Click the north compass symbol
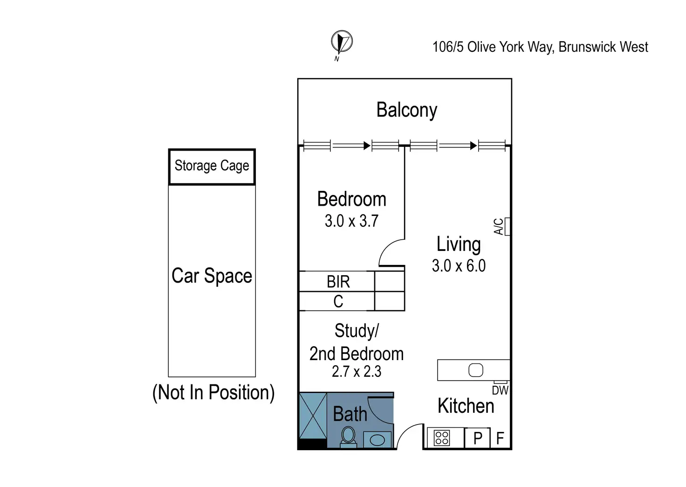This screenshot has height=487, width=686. [x=342, y=42]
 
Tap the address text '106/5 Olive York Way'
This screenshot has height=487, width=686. [x=493, y=47]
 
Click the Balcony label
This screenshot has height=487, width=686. [x=406, y=111]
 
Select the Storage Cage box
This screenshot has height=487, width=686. [x=212, y=167]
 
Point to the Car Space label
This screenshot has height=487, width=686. [x=212, y=276]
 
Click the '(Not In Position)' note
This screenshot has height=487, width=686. [x=213, y=393]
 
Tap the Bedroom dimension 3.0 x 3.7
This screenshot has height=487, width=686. [x=351, y=221]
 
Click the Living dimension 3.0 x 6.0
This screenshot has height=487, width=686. [x=459, y=266]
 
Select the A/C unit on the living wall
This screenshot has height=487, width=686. [x=507, y=226]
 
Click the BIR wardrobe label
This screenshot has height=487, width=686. [x=338, y=282]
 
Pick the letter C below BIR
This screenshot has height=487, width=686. [x=338, y=302]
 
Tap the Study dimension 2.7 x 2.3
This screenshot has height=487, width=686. [x=357, y=372]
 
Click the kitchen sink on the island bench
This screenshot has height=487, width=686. [x=476, y=370]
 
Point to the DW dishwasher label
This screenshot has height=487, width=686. [x=500, y=390]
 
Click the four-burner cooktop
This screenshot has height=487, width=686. [x=442, y=438]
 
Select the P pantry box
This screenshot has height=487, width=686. [x=478, y=438]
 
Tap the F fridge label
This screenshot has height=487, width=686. [x=500, y=438]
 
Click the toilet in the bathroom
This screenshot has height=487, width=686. [x=348, y=437]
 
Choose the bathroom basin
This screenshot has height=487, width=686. [x=377, y=439]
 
